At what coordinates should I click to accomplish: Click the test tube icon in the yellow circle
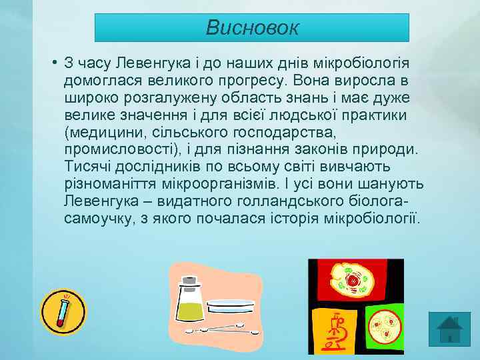click(63, 312)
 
